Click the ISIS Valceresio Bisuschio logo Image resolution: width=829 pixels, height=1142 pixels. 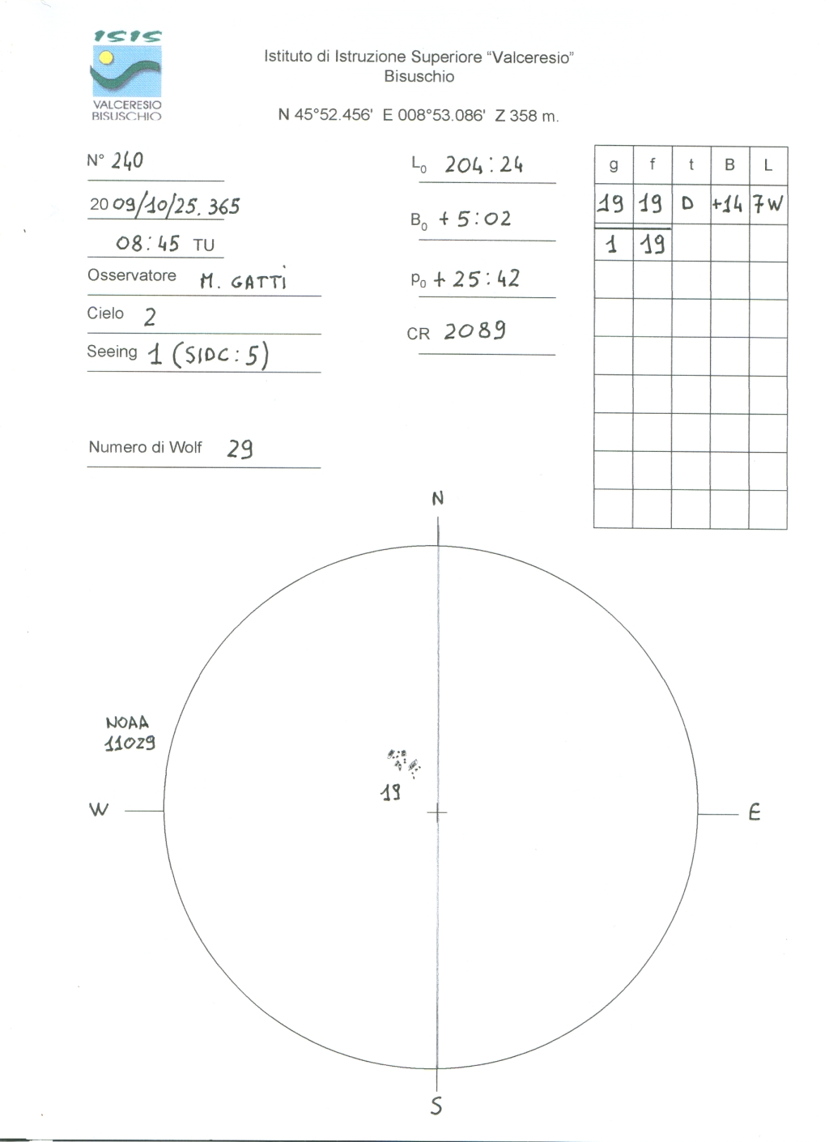pyautogui.click(x=126, y=75)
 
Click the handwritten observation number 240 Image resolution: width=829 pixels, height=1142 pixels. pyautogui.click(x=127, y=160)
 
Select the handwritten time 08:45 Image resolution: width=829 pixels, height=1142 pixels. pyautogui.click(x=147, y=243)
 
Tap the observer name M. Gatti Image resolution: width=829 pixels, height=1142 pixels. pyautogui.click(x=243, y=281)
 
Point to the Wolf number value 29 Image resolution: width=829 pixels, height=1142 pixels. pyautogui.click(x=240, y=448)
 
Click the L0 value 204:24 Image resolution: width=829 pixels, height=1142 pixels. pyautogui.click(x=483, y=165)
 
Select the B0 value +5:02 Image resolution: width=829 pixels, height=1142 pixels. pyautogui.click(x=474, y=219)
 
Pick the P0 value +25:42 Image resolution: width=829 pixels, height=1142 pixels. pyautogui.click(x=476, y=279)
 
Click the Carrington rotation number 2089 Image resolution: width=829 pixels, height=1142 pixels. pyautogui.click(x=474, y=330)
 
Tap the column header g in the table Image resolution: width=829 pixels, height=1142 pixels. pyautogui.click(x=614, y=165)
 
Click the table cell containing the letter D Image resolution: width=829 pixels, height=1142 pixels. pyautogui.click(x=691, y=203)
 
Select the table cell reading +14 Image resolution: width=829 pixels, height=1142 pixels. pyautogui.click(x=728, y=204)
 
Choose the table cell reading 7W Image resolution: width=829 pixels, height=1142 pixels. pyautogui.click(x=767, y=204)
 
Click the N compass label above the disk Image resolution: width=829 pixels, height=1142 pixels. pyautogui.click(x=437, y=499)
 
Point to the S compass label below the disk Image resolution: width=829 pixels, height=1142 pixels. pyautogui.click(x=436, y=1106)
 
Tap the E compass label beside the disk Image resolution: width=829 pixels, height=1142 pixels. pyautogui.click(x=754, y=812)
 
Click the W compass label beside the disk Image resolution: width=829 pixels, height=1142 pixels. pyautogui.click(x=99, y=809)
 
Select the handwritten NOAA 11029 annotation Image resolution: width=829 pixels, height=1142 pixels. pyautogui.click(x=129, y=734)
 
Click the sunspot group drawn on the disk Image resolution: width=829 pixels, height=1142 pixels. pyautogui.click(x=404, y=762)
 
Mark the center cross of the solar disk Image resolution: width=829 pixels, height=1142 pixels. pyautogui.click(x=437, y=812)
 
